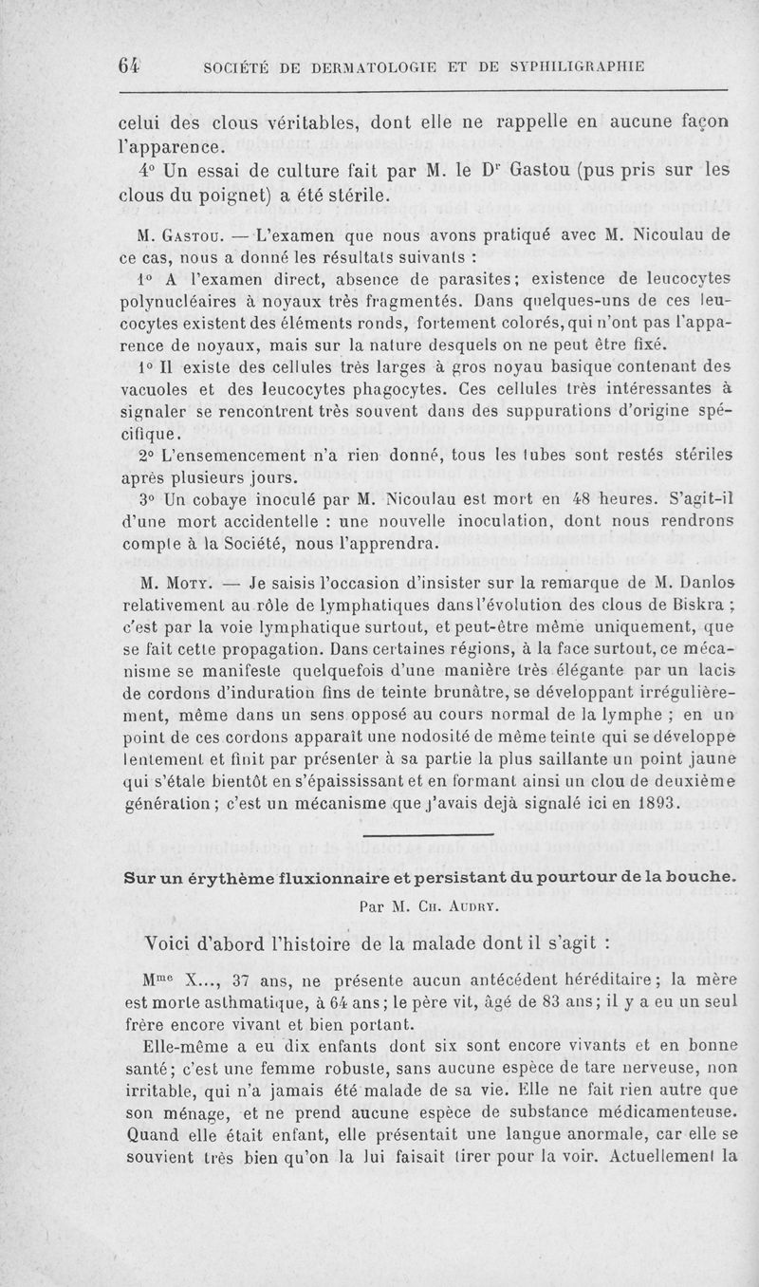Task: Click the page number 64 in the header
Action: [x=129, y=65]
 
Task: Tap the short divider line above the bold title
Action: [x=428, y=835]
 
